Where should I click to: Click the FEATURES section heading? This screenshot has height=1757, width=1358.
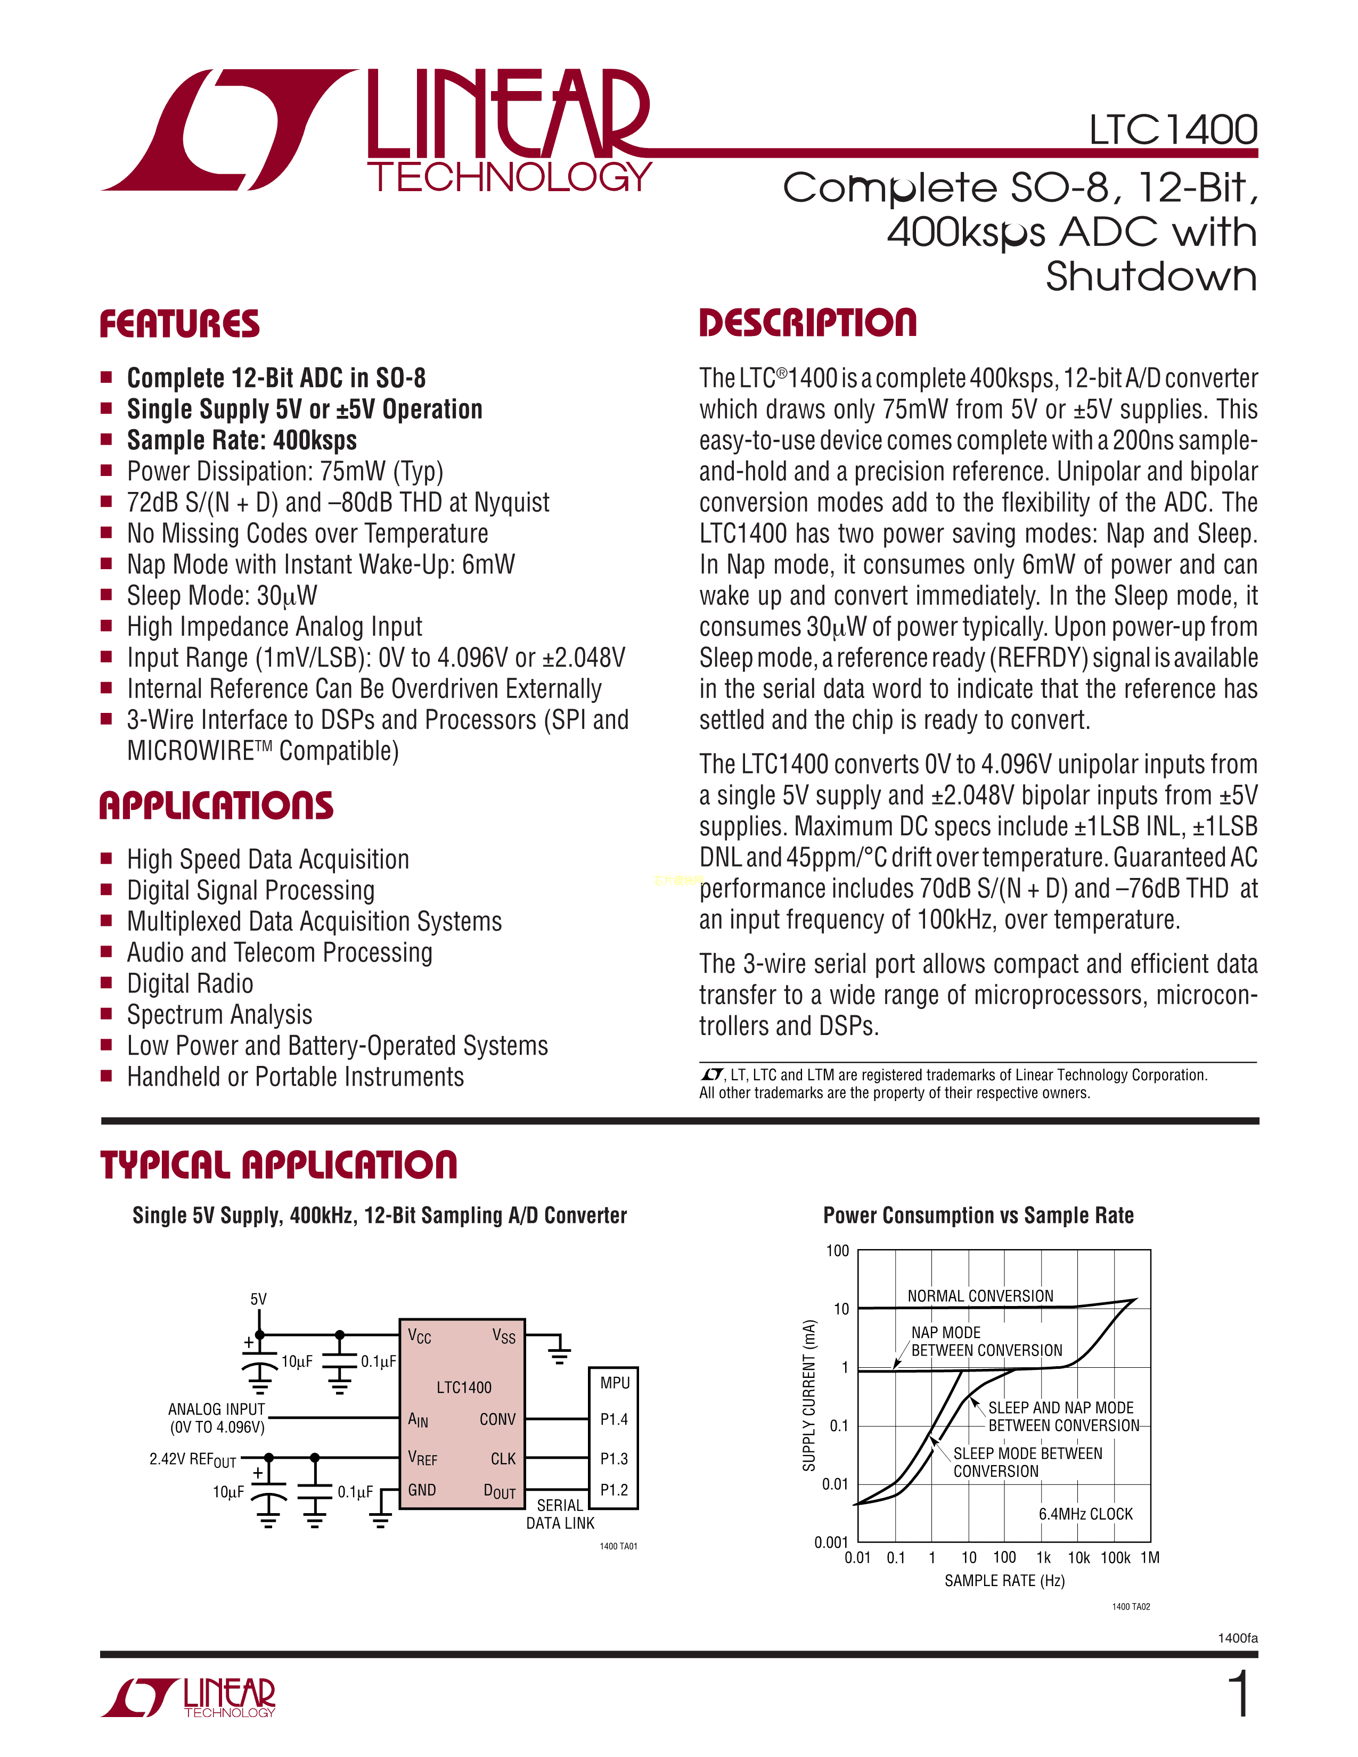click(179, 324)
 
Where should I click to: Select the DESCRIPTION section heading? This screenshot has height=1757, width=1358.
click(808, 323)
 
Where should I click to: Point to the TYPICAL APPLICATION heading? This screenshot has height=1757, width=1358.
click(279, 1165)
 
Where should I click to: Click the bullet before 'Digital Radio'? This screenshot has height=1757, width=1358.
click(106, 982)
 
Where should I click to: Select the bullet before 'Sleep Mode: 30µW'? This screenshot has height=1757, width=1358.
click(106, 595)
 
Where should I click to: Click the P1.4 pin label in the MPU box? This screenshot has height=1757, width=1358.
click(614, 1419)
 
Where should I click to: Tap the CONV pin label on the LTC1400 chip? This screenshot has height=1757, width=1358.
click(497, 1419)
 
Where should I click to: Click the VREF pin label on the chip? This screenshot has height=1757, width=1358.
click(422, 1458)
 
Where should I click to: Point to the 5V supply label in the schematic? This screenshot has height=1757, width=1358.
click(258, 1299)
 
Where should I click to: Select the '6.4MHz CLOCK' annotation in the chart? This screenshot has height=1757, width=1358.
click(1085, 1514)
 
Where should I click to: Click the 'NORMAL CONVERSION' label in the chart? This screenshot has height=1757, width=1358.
click(980, 1296)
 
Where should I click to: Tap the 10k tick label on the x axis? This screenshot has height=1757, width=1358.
click(1078, 1557)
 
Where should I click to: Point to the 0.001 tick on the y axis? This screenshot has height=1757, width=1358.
click(831, 1542)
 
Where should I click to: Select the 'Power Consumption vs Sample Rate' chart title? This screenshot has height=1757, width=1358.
click(978, 1216)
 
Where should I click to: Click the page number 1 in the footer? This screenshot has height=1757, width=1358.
click(1240, 1694)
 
